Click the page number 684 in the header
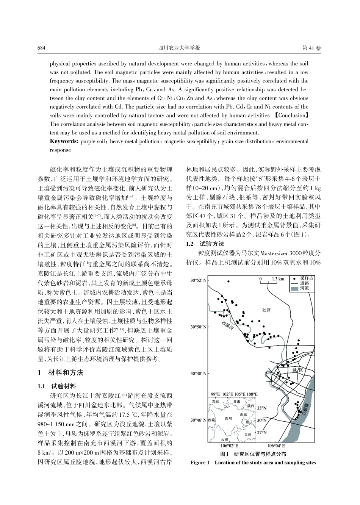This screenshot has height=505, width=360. [x=42, y=48]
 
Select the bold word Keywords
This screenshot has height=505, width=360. [x=64, y=141]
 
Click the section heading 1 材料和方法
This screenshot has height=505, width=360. [x=60, y=373]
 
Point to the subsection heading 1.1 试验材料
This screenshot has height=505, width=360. [x=57, y=386]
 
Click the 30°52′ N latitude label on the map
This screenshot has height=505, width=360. [x=199, y=280]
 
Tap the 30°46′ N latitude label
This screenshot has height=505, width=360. [x=199, y=420]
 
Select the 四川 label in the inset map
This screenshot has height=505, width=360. [x=228, y=419]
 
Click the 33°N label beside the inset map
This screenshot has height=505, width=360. [x=262, y=408]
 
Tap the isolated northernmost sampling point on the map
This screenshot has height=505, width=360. [x=229, y=281]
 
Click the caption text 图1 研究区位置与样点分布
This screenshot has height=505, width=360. [x=253, y=454]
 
